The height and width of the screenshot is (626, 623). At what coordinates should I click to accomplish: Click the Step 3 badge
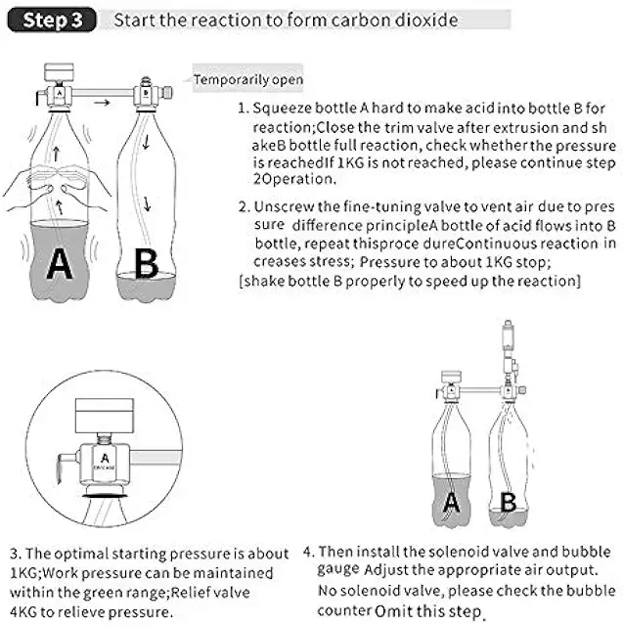(55, 20)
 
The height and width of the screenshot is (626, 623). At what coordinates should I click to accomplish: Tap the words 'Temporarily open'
(248, 79)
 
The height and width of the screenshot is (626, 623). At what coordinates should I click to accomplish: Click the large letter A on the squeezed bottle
(59, 264)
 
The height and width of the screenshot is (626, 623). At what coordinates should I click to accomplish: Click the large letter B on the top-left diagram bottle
(145, 264)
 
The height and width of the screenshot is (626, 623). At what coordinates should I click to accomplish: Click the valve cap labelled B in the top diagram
(146, 95)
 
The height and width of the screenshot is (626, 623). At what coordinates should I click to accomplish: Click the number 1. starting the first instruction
(244, 111)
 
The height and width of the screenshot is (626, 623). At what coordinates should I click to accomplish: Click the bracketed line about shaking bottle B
(409, 282)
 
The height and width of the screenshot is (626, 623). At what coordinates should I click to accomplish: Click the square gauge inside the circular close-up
(106, 411)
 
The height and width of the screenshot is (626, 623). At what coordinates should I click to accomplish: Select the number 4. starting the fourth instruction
(309, 552)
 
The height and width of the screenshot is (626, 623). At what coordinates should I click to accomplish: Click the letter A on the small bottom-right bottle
(451, 503)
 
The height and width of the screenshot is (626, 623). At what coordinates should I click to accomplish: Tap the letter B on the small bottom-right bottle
(508, 503)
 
